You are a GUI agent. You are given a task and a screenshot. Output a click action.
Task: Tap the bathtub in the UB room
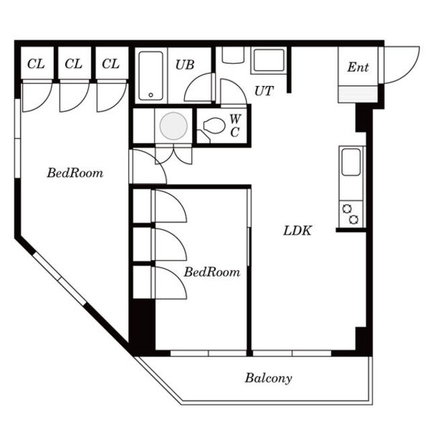click(150, 76)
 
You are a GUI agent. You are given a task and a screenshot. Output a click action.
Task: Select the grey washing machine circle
click(173, 126)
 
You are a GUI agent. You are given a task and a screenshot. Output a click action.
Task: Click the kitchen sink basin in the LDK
click(351, 162)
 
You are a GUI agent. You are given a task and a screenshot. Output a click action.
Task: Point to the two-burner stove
click(351, 214)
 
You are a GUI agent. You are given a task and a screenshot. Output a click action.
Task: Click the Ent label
click(358, 67)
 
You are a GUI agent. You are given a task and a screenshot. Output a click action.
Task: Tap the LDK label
click(298, 230)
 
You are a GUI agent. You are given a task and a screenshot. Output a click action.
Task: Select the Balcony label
click(268, 378)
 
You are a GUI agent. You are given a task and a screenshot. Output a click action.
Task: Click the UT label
click(264, 91)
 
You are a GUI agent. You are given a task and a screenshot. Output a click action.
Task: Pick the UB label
click(185, 64)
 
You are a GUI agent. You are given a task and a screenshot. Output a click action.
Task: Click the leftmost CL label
click(36, 64)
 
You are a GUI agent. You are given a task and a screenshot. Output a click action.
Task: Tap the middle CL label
click(73, 64)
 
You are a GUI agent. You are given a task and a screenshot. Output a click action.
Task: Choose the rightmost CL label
click(111, 64)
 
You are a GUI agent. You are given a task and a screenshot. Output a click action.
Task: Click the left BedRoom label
click(75, 173)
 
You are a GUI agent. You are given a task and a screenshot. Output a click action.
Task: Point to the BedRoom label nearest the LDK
click(212, 272)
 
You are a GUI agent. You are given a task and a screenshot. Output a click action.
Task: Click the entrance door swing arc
click(412, 70)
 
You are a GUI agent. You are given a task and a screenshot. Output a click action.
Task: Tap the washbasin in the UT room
click(269, 60)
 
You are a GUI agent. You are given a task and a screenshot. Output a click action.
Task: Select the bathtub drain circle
click(150, 95)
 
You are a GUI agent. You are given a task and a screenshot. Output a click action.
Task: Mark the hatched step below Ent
click(357, 94)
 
